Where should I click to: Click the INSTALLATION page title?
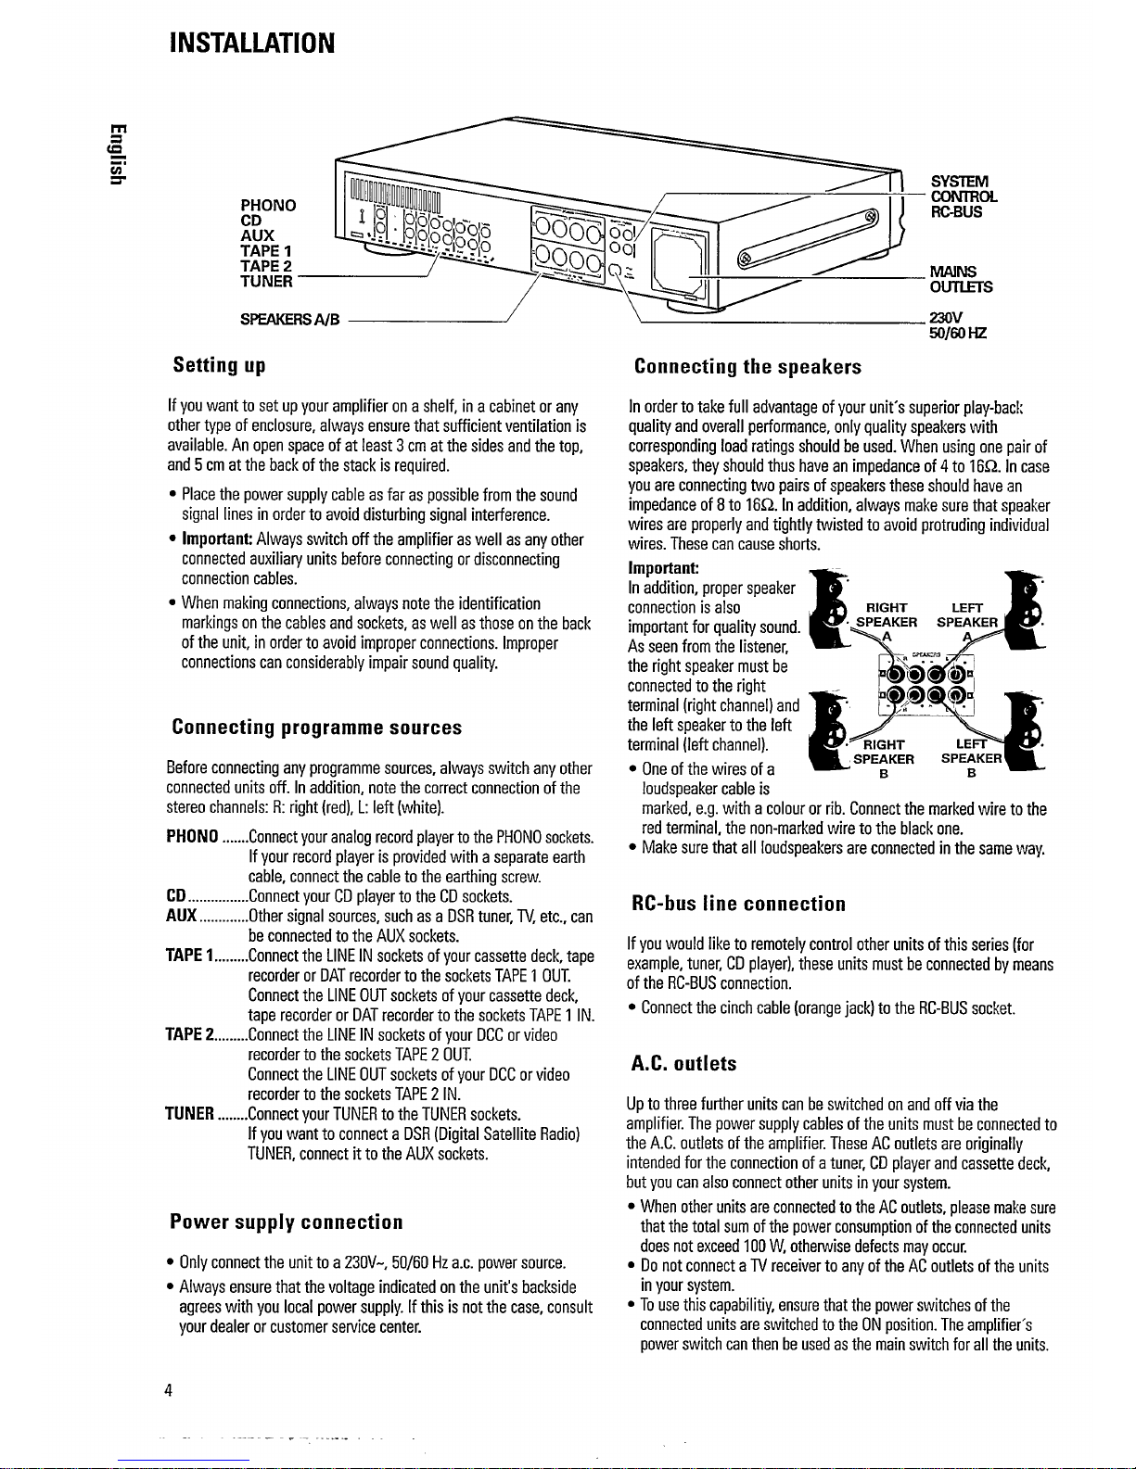point(249,43)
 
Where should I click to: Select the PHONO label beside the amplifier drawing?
point(268,205)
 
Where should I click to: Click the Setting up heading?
point(220,365)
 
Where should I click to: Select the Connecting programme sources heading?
point(317,727)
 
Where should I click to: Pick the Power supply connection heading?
point(287,1222)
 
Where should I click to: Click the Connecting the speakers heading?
point(747,366)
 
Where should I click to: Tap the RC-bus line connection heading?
point(738,903)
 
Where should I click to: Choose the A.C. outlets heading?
point(683,1063)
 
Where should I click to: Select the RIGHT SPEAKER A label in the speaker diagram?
point(887,621)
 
